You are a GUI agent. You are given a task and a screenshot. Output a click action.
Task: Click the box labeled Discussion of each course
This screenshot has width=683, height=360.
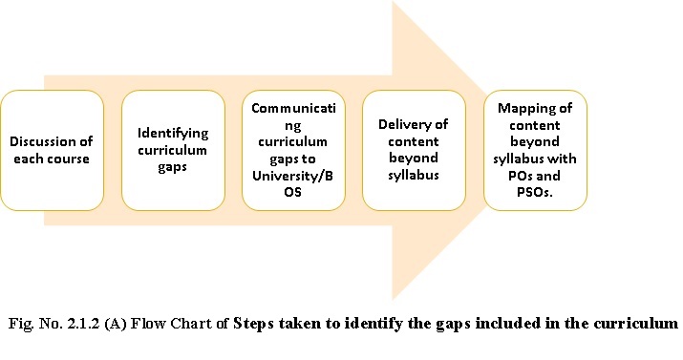pyautogui.click(x=53, y=150)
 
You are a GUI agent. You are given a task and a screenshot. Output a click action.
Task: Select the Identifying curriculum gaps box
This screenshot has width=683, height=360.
pyautogui.click(x=173, y=150)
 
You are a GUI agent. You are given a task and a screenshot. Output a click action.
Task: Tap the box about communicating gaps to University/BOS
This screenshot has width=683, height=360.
pyautogui.click(x=293, y=150)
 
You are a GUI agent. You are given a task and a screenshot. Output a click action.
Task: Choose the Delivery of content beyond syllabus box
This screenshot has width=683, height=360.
pyautogui.click(x=414, y=150)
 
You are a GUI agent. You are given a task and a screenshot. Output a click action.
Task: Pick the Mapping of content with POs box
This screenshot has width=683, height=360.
pyautogui.click(x=535, y=150)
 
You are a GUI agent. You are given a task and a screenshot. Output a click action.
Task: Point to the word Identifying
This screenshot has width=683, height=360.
pyautogui.click(x=173, y=133)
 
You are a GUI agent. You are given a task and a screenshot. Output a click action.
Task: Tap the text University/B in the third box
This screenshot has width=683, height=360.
pyautogui.click(x=292, y=176)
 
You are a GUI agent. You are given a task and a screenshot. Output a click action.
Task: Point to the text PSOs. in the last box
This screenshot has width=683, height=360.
pyautogui.click(x=535, y=192)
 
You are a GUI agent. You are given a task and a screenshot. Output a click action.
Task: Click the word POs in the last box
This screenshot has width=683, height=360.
pyautogui.click(x=520, y=176)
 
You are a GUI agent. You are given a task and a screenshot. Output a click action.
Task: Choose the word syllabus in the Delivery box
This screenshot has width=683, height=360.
pyautogui.click(x=414, y=176)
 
